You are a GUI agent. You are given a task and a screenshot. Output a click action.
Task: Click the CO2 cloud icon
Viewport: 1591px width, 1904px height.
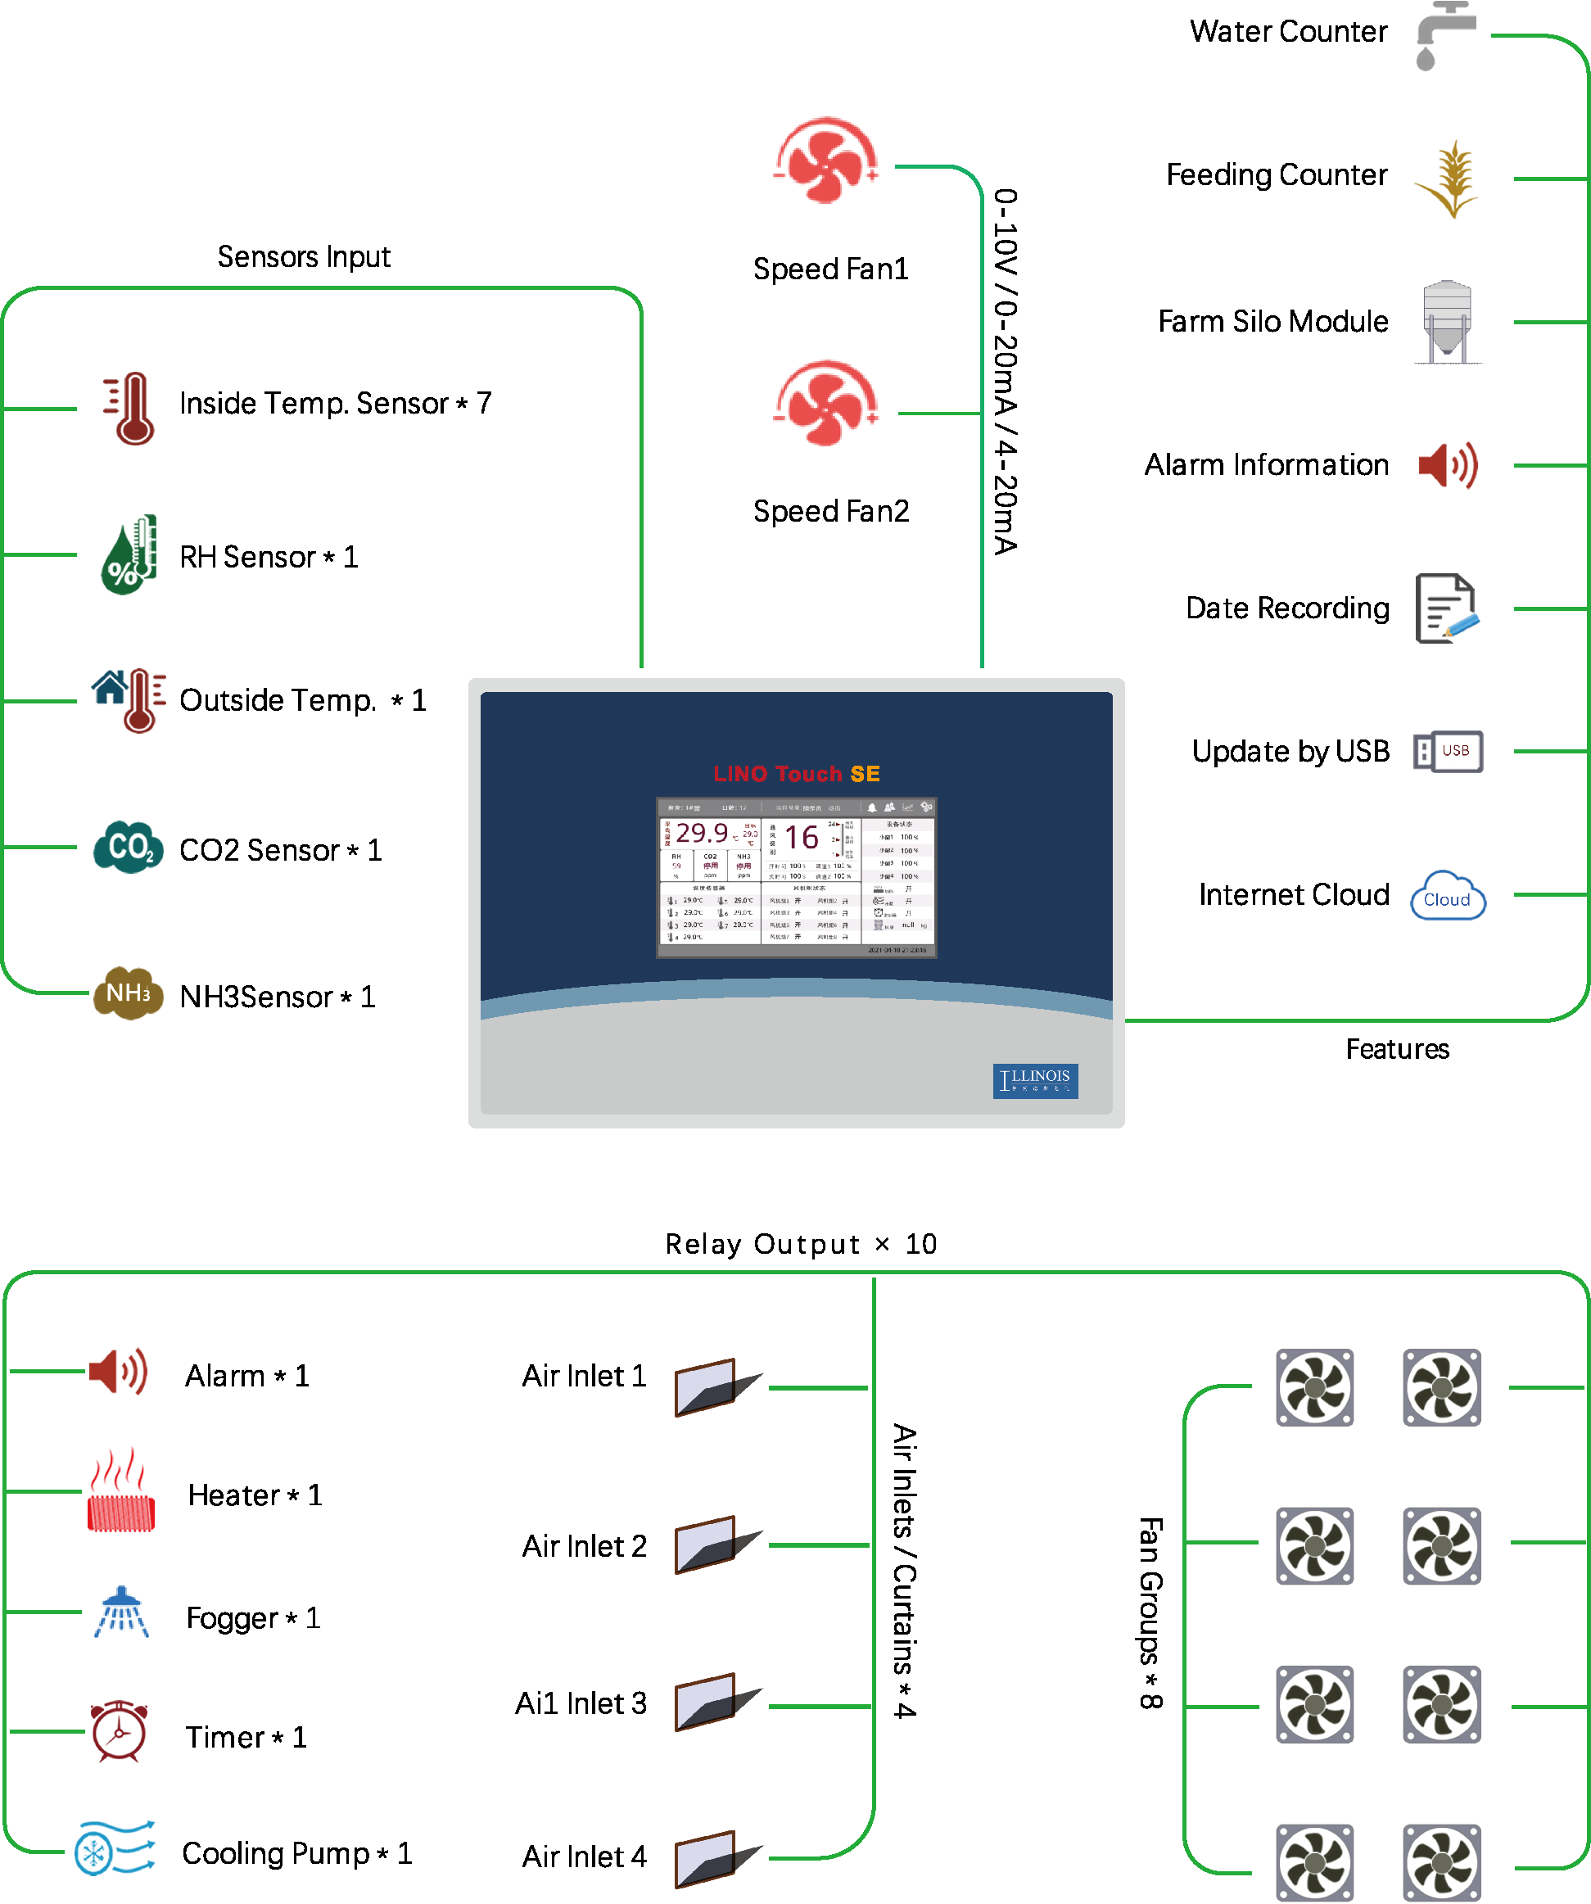(128, 847)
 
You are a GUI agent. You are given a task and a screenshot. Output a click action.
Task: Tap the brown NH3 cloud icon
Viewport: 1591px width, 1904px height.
(128, 993)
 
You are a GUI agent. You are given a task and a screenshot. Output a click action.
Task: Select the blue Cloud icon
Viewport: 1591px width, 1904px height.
(1448, 897)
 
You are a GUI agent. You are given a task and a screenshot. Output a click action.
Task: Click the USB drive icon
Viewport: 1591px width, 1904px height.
(1448, 752)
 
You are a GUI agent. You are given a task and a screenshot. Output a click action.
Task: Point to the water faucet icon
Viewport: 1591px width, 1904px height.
(1444, 34)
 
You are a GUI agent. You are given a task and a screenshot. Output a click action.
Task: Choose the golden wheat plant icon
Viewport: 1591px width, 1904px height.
(1448, 179)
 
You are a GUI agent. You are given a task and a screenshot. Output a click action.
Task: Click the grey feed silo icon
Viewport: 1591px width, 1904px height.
(1448, 322)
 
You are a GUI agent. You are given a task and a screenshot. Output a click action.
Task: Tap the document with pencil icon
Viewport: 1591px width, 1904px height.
(1447, 608)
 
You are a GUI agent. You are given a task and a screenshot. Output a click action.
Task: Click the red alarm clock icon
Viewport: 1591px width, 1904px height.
(118, 1732)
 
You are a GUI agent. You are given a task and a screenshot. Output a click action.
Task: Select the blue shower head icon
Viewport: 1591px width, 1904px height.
(121, 1612)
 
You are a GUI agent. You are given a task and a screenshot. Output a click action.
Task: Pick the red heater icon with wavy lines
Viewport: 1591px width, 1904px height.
(120, 1490)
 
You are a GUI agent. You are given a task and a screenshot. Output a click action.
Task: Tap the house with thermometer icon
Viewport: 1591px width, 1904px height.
(129, 700)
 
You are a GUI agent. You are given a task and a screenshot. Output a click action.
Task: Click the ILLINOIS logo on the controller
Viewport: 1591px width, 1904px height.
(1035, 1080)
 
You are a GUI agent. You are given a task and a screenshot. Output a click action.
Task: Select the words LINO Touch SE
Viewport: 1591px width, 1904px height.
(796, 773)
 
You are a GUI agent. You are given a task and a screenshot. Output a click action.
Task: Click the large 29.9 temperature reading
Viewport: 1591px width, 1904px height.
(702, 832)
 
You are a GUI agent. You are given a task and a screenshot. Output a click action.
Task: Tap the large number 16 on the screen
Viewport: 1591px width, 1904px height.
(802, 837)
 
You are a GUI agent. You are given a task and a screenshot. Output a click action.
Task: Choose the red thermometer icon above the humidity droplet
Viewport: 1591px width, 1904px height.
(129, 408)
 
